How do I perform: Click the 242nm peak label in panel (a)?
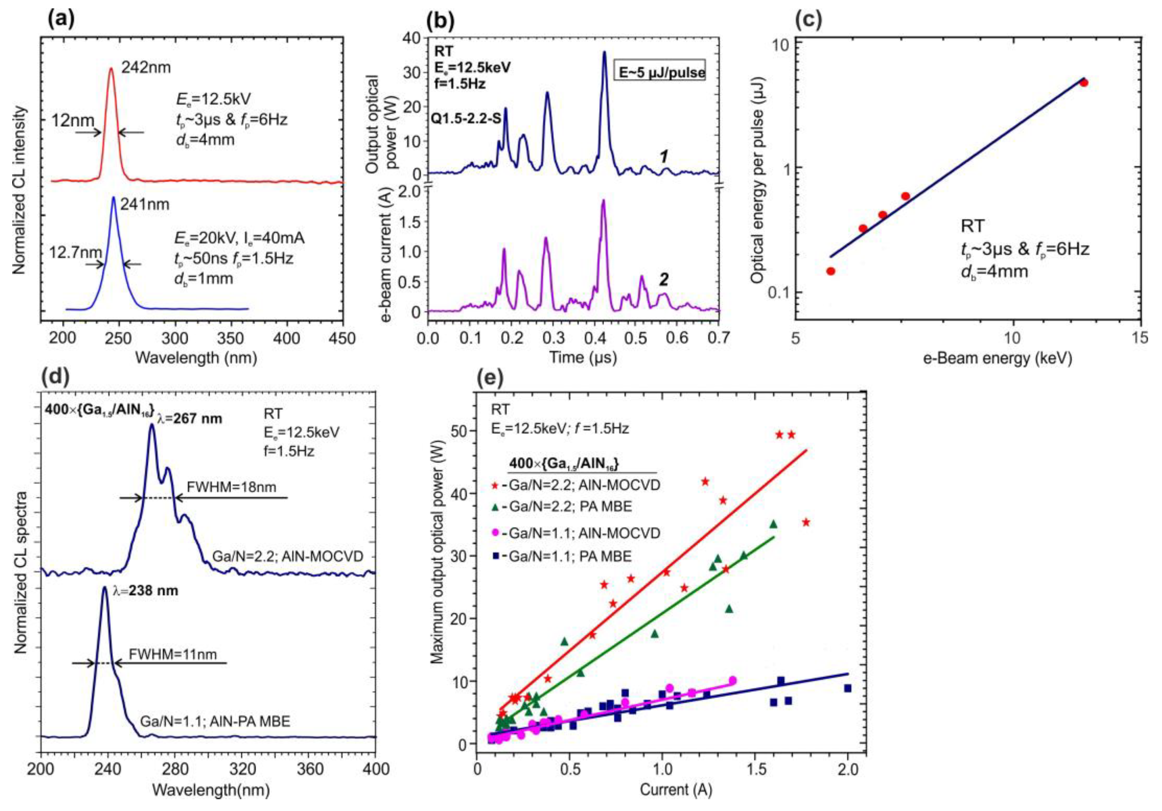(x=146, y=67)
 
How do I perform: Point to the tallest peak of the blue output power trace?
(x=604, y=53)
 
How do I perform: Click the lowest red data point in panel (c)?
(x=830, y=271)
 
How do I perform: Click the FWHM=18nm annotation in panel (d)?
(x=231, y=487)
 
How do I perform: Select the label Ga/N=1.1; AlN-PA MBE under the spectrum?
(x=215, y=721)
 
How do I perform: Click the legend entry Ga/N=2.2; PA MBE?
(x=571, y=506)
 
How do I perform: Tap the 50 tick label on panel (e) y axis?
(x=461, y=430)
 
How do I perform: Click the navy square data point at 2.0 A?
(x=847, y=688)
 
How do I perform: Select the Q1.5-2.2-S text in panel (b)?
(x=466, y=118)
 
